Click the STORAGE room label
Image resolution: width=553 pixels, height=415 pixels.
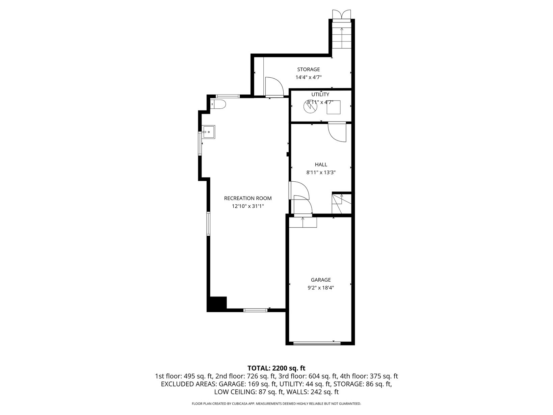[308, 69]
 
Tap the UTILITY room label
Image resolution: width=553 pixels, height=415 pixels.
[320, 95]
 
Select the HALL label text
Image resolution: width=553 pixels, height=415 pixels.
[321, 164]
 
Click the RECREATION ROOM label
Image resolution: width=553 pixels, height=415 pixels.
[248, 198]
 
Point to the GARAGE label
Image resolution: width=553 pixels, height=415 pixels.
[321, 280]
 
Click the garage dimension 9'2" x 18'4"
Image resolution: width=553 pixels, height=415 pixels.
[321, 288]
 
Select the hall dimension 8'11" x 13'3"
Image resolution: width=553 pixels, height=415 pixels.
[321, 173]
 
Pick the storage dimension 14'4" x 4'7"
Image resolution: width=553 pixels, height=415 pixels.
[309, 77]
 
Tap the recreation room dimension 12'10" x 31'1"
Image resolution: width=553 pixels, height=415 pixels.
[248, 206]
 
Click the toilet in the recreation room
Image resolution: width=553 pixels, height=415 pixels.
[218, 104]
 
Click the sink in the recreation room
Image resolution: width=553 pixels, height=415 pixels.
[209, 132]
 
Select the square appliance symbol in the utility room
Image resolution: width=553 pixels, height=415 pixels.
[334, 107]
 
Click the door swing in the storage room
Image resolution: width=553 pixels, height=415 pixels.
[274, 86]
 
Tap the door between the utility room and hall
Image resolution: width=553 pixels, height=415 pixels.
[337, 132]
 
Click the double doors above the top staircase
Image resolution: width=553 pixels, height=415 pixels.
[341, 14]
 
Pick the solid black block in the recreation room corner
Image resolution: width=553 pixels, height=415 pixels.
[217, 304]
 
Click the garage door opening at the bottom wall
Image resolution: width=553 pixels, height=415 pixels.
[317, 343]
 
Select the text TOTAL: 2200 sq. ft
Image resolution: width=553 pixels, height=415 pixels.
[276, 368]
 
